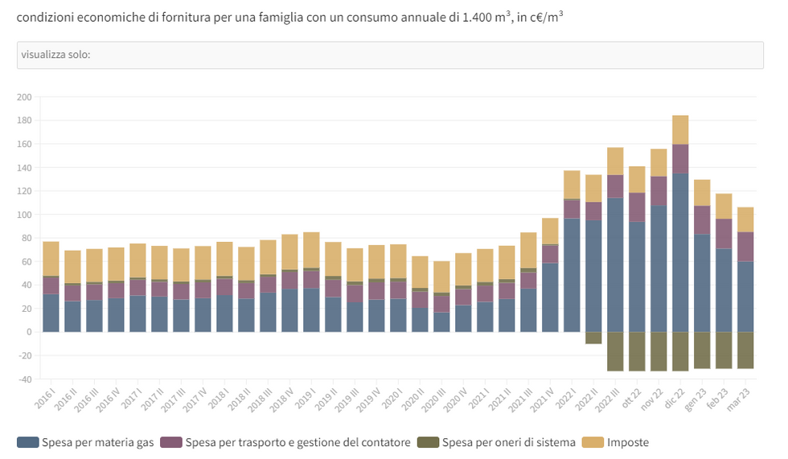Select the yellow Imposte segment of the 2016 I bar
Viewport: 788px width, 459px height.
pyautogui.click(x=51, y=259)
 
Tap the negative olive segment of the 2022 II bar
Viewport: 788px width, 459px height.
pyautogui.click(x=593, y=338)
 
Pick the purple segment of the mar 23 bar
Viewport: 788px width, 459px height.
pyautogui.click(x=745, y=247)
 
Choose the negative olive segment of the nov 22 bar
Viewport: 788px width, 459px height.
pyautogui.click(x=659, y=351)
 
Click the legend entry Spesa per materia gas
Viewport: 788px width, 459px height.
pyautogui.click(x=88, y=442)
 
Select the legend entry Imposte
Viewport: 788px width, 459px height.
pyautogui.click(x=627, y=442)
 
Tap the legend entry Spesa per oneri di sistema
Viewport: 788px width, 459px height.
pyautogui.click(x=508, y=442)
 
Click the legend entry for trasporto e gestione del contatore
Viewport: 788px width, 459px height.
pyautogui.click(x=298, y=442)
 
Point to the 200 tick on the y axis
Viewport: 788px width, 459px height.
pyautogui.click(x=23, y=97)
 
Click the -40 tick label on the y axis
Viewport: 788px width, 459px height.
pyautogui.click(x=23, y=379)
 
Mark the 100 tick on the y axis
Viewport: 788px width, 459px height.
pyautogui.click(x=23, y=215)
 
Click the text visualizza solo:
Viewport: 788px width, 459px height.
pyautogui.click(x=56, y=55)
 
